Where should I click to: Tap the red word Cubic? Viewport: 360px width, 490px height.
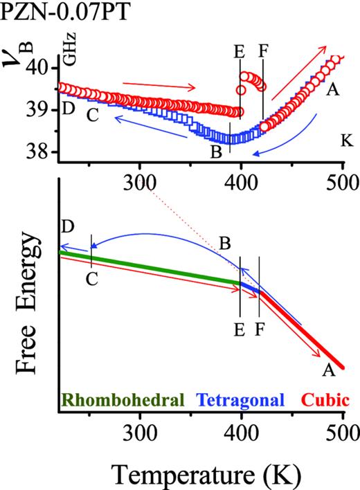[318, 400]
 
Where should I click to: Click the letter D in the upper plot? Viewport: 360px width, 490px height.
[68, 109]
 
